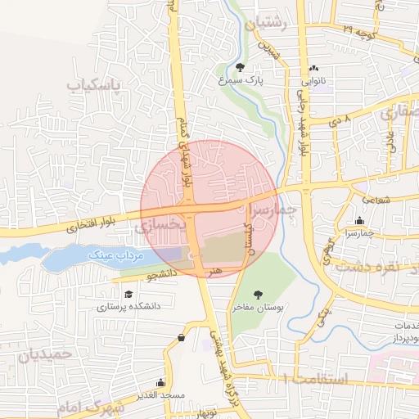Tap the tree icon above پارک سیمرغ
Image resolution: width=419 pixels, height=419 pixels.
(240, 67)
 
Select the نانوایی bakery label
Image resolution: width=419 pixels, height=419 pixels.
(315, 82)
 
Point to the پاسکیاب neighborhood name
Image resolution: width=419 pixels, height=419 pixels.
(92, 85)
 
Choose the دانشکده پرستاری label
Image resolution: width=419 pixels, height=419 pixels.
(128, 308)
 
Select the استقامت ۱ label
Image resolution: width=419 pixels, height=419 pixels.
(314, 379)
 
